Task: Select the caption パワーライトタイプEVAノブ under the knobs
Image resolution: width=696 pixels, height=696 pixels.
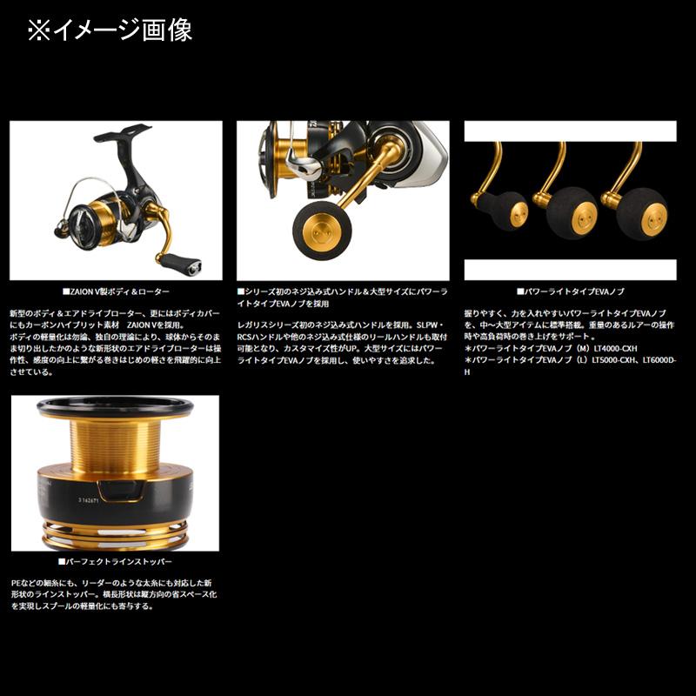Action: coord(571,292)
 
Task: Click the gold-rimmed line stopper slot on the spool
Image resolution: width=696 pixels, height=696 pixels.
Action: coord(117,492)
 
